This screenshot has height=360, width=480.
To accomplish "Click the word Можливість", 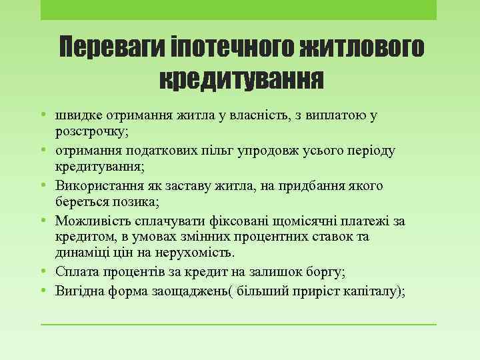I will pyautogui.click(x=93, y=221).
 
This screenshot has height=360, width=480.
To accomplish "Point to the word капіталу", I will pyautogui.click(x=371, y=291).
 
